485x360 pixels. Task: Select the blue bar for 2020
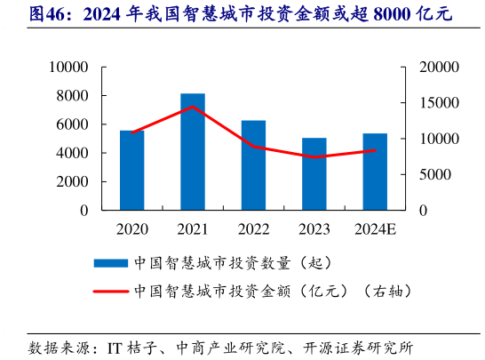click(x=132, y=171)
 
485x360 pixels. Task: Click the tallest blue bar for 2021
click(x=193, y=152)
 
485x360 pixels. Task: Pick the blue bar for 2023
click(x=314, y=174)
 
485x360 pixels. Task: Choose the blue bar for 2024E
click(x=375, y=172)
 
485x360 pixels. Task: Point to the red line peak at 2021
click(x=193, y=107)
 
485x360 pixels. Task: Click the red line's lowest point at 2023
click(x=314, y=157)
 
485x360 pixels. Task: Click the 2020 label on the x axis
click(x=132, y=230)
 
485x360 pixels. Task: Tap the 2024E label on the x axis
click(x=375, y=230)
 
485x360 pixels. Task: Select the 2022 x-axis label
click(x=253, y=230)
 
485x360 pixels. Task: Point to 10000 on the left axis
click(x=68, y=68)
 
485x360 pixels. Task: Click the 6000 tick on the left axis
click(x=72, y=124)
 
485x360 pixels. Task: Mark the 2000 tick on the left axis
click(x=72, y=182)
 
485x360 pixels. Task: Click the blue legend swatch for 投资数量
click(x=110, y=263)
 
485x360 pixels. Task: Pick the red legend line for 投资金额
click(x=110, y=290)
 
